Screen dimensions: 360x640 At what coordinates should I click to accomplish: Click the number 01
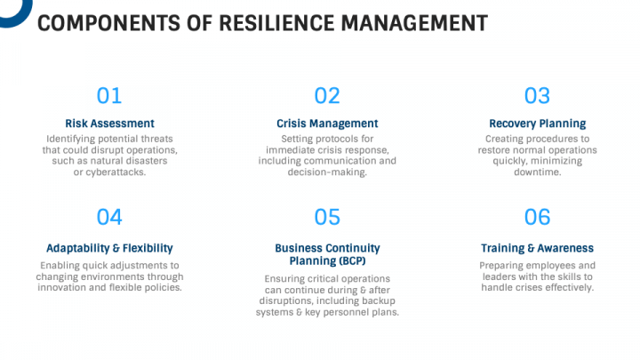[109, 96]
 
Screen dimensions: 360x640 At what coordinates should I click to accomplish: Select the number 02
[327, 96]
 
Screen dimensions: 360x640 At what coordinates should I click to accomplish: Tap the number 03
[537, 96]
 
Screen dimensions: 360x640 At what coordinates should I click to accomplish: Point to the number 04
[109, 217]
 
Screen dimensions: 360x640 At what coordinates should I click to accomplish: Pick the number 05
[327, 217]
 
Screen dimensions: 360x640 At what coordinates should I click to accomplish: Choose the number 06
[537, 217]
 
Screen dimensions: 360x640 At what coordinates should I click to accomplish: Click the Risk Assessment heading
[109, 124]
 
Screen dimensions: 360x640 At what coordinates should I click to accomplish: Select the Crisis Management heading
[327, 124]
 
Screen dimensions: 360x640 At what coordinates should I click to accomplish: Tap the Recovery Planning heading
[537, 124]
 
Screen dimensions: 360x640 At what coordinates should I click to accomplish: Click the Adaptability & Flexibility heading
[109, 248]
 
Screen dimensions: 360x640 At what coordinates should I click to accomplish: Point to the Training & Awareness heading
[537, 248]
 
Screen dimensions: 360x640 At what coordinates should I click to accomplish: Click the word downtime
[537, 172]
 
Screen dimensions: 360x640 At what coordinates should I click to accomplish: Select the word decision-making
[327, 172]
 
